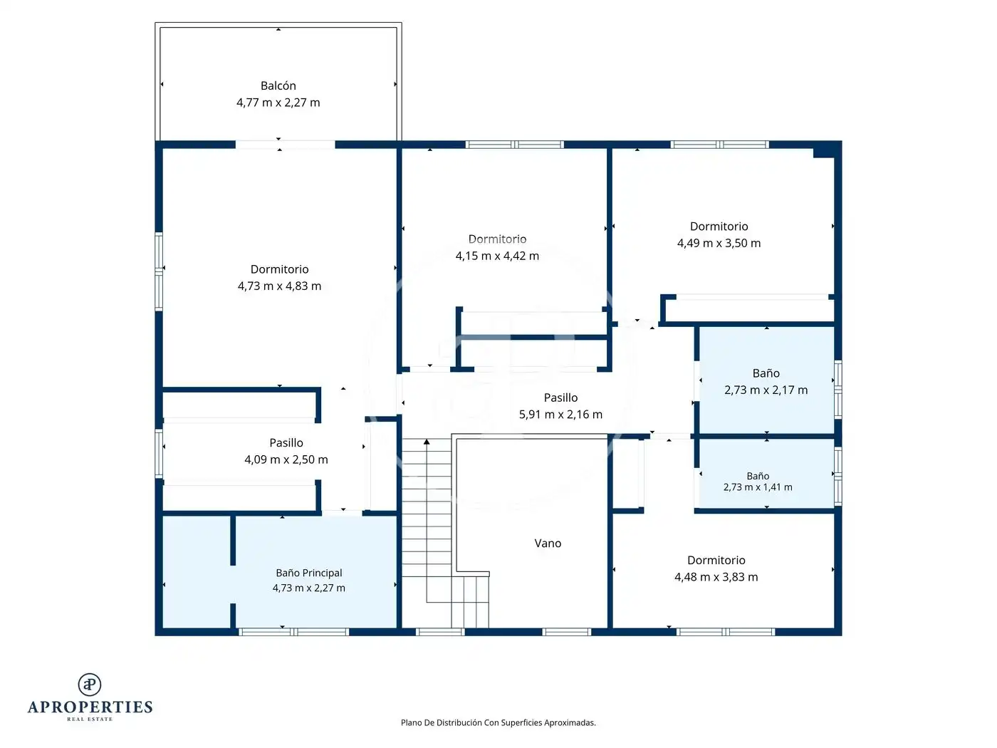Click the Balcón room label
(x=278, y=85)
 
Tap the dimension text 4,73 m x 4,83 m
(x=279, y=286)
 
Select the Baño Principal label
(x=309, y=573)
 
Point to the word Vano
(x=548, y=543)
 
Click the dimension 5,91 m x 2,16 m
(x=560, y=414)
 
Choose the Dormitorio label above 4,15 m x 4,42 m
(x=497, y=239)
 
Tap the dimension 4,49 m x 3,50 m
(x=719, y=243)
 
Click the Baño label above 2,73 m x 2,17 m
(x=766, y=373)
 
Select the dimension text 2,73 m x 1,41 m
(x=758, y=487)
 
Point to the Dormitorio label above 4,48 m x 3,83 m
(x=716, y=560)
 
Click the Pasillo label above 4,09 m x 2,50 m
(x=286, y=442)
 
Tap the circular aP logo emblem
(x=90, y=685)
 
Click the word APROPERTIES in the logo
(x=90, y=707)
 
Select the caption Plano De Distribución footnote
(x=499, y=722)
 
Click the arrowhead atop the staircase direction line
(x=427, y=442)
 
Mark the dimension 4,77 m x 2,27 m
(x=278, y=102)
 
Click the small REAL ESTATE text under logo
(x=90, y=719)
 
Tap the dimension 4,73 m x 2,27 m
(x=309, y=588)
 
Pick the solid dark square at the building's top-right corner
(x=827, y=150)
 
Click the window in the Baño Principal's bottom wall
(x=294, y=632)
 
